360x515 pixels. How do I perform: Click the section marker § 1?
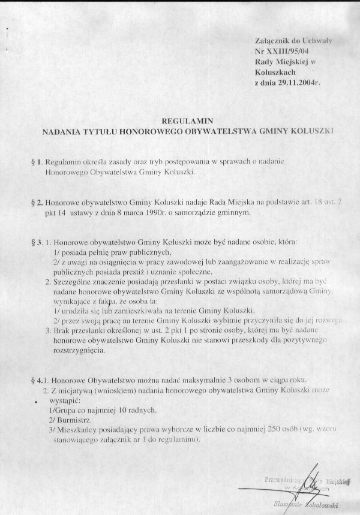(34, 163)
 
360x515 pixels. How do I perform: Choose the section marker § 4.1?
(37, 380)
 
